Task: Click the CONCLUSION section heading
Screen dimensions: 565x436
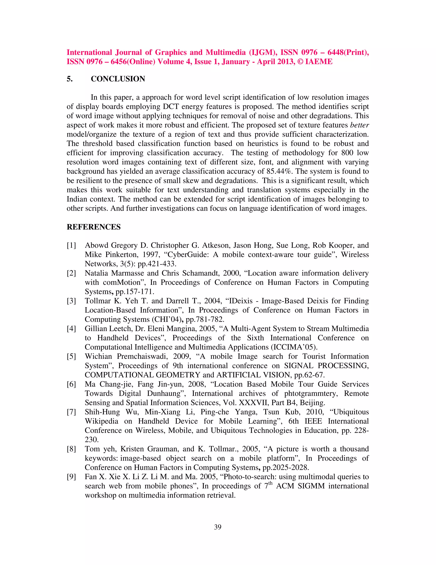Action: coord(118,79)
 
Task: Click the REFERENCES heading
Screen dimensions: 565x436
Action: coord(93,227)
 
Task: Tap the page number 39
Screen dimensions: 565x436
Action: coord(218,527)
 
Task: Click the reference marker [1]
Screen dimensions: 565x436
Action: coord(71,245)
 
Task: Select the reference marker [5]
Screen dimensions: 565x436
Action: coord(71,356)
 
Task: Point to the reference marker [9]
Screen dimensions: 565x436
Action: coord(71,477)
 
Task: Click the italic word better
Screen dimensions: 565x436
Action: coord(359,125)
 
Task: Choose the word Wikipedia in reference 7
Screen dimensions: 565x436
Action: coord(102,421)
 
